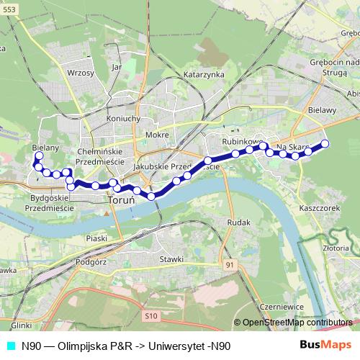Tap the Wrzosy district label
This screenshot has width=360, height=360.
pos(80,73)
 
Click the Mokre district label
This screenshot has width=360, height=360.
pos(157,135)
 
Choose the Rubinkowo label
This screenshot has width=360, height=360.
pos(240,142)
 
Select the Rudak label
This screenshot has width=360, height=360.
pos(238,222)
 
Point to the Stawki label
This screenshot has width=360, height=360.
pos(173,258)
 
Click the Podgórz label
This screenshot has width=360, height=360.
pos(91,262)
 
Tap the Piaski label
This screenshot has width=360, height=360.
pos(96,238)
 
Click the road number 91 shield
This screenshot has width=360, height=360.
pos(229,266)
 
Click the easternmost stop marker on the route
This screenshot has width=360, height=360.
pos(325,144)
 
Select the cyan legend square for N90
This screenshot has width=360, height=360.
pos(10,346)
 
